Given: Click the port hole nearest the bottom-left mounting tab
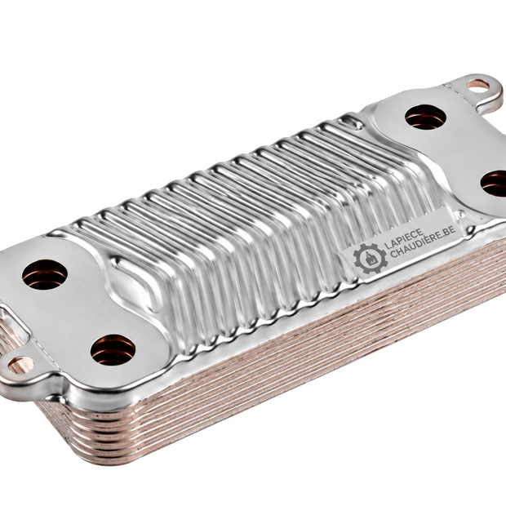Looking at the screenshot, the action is click(x=113, y=350).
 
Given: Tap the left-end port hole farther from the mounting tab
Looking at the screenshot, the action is click(x=45, y=274).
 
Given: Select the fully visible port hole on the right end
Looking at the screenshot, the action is click(x=426, y=117).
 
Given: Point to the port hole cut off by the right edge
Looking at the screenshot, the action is click(x=494, y=184).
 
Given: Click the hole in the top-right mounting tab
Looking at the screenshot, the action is click(x=478, y=85).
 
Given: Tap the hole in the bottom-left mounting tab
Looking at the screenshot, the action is click(x=20, y=365).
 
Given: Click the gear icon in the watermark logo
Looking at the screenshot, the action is click(x=371, y=259).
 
